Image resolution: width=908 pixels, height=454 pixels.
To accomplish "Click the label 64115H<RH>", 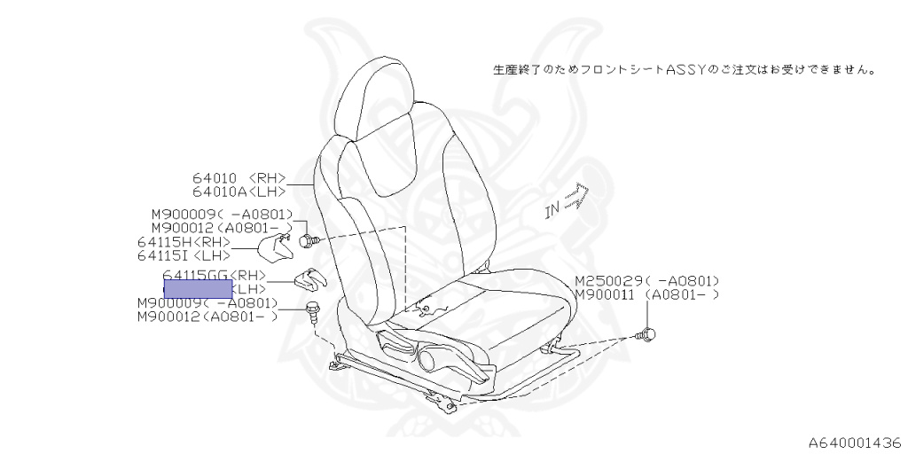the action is pos(184,242).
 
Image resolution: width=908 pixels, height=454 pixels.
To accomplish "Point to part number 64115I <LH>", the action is pos(184,255).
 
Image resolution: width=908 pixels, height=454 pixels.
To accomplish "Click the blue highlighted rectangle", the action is pos(198,288).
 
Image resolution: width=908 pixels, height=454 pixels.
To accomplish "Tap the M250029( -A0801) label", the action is pos(646,280).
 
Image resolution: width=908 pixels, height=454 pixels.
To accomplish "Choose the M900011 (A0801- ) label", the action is pos(646,294).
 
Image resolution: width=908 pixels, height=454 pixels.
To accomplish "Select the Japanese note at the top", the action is pos(684,68).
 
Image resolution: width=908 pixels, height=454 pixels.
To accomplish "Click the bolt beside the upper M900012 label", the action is pos(308,239).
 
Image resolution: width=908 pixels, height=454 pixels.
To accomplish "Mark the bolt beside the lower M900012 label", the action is pos(312,309).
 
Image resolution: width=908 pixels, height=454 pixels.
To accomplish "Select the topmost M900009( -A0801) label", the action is pos(222,214).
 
